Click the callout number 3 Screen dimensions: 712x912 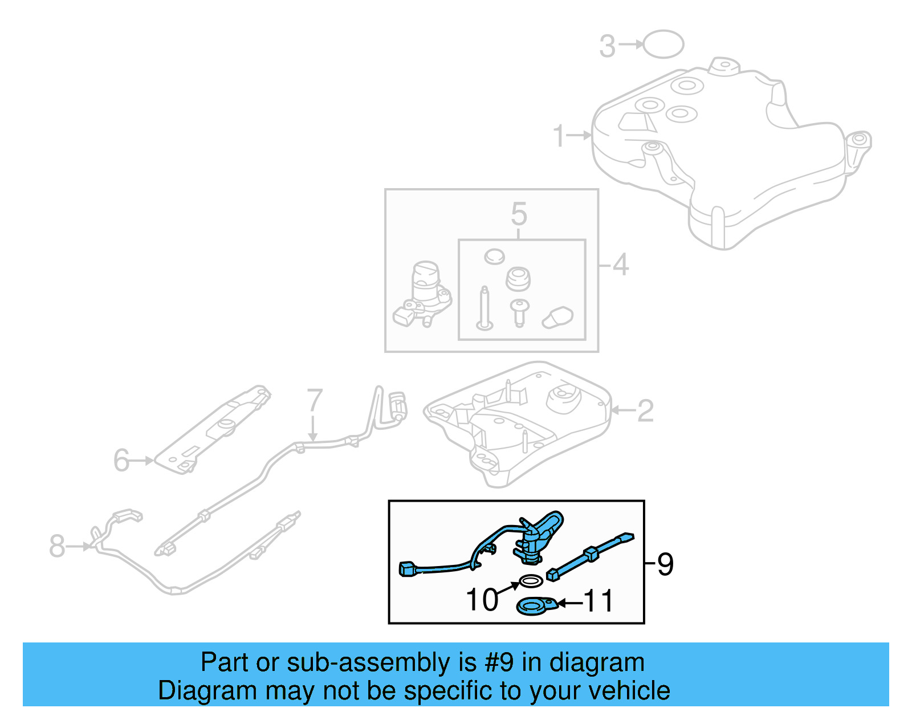click(x=608, y=46)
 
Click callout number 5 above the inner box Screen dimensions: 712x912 click(x=519, y=214)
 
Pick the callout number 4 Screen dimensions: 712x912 click(x=620, y=265)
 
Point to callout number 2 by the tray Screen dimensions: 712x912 click(x=645, y=410)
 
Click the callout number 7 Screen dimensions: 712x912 click(x=315, y=401)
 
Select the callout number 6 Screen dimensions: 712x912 click(x=121, y=460)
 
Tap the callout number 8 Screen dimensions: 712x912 click(x=57, y=546)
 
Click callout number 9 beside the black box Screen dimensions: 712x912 click(x=665, y=564)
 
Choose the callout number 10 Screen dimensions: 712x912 click(x=482, y=600)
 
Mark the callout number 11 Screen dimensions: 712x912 click(x=598, y=601)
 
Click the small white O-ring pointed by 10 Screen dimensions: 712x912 click(x=531, y=581)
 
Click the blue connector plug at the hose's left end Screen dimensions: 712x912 click(x=408, y=568)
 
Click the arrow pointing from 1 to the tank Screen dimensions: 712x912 click(x=580, y=136)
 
